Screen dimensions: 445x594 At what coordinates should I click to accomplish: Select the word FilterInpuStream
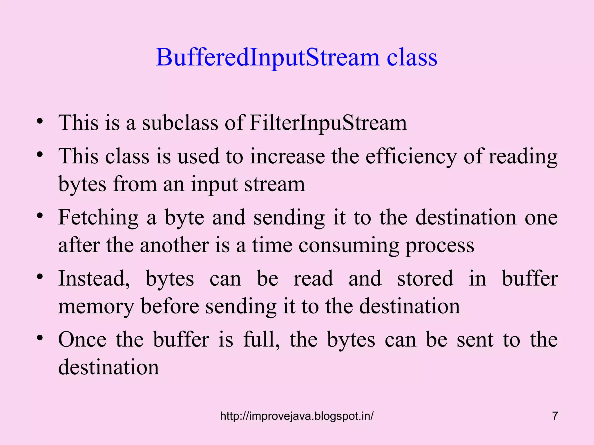coord(328,123)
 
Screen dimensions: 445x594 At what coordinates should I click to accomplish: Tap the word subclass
coord(180,123)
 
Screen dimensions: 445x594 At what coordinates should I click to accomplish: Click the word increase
coord(287,157)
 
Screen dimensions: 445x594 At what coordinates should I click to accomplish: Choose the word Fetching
coord(98,218)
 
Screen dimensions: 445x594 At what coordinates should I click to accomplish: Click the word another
coord(174,245)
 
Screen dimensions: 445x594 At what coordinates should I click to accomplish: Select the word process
coord(440,245)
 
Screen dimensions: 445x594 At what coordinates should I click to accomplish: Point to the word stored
coord(425,279)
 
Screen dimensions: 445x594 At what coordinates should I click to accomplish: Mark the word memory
coord(96,307)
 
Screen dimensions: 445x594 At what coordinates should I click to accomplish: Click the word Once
coord(82,340)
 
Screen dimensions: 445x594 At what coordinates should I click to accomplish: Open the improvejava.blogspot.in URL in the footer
coord(297,416)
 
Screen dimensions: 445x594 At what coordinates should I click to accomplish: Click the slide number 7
coord(555,416)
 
